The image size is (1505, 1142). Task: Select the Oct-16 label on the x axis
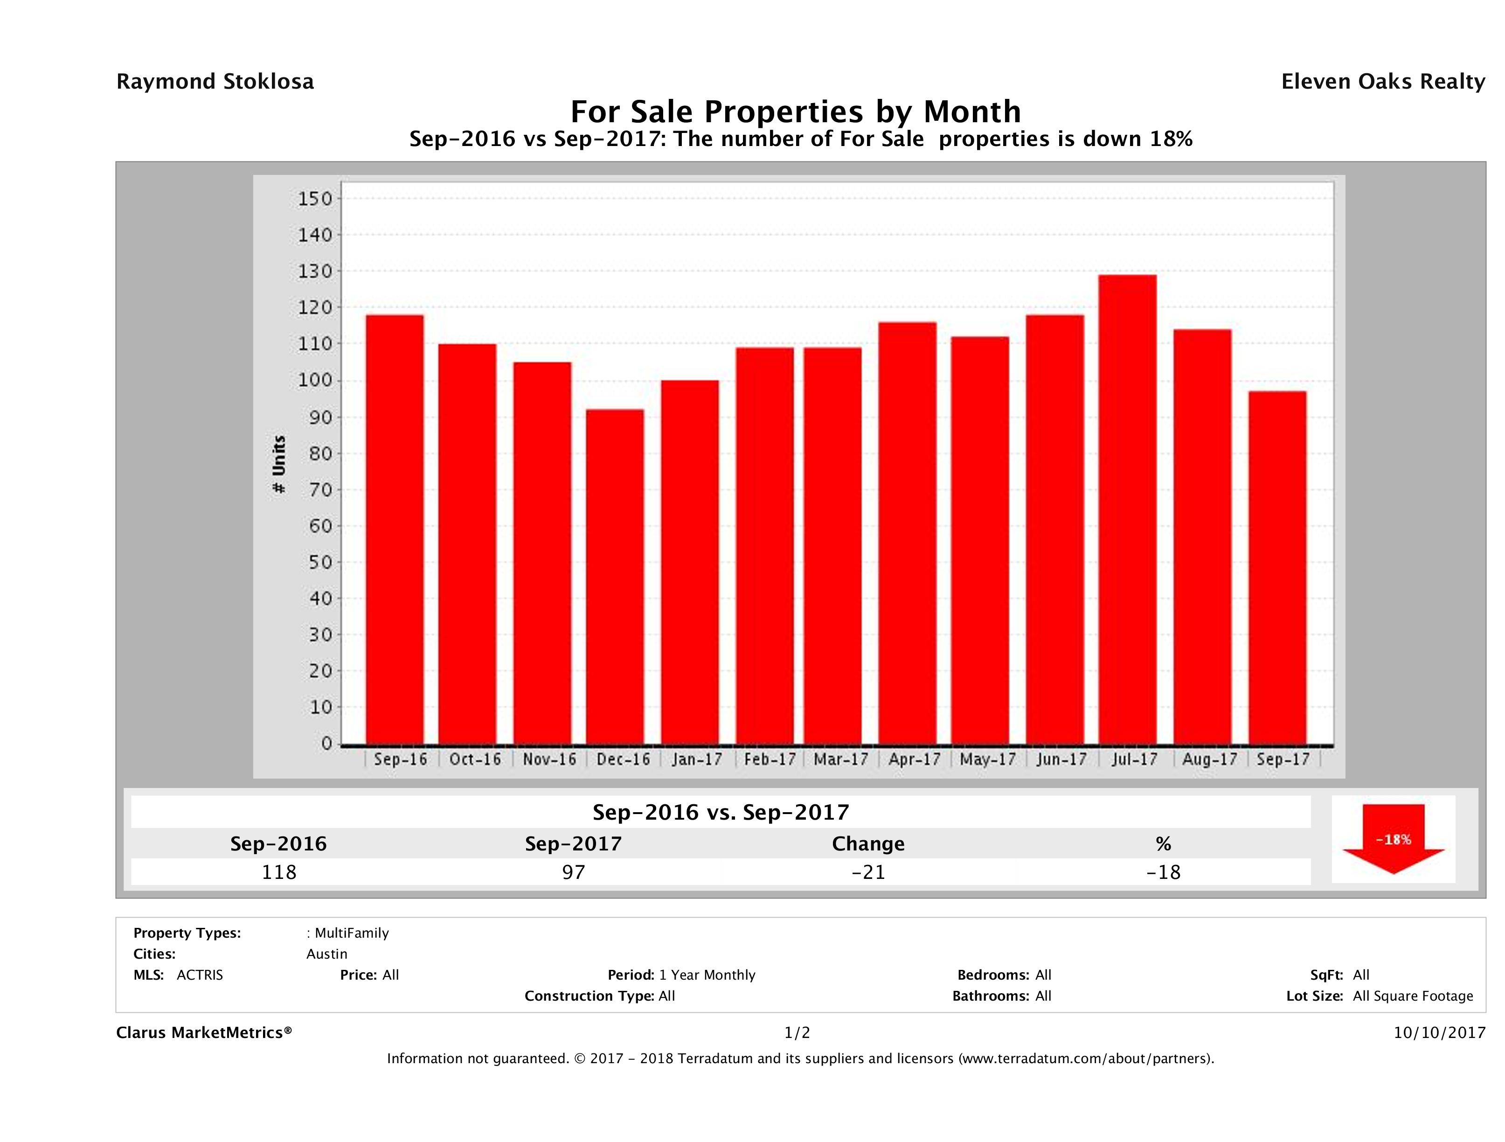pyautogui.click(x=474, y=759)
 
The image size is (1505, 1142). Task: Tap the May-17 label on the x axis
pyautogui.click(x=987, y=759)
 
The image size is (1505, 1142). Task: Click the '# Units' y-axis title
pyautogui.click(x=279, y=464)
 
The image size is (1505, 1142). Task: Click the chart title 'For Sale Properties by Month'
pyautogui.click(x=795, y=111)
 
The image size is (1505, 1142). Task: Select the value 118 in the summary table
pyautogui.click(x=279, y=872)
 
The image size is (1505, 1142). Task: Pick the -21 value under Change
pyautogui.click(x=868, y=872)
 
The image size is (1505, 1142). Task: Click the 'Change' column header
pyautogui.click(x=868, y=844)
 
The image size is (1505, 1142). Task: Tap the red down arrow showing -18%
pyautogui.click(x=1393, y=840)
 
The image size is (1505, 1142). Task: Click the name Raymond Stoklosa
pyautogui.click(x=215, y=82)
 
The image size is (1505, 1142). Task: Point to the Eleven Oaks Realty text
pyautogui.click(x=1382, y=82)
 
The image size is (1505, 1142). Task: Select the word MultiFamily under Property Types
pyautogui.click(x=351, y=933)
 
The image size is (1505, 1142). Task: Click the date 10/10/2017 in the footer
pyautogui.click(x=1439, y=1032)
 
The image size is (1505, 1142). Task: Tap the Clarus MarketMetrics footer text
pyautogui.click(x=204, y=1032)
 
